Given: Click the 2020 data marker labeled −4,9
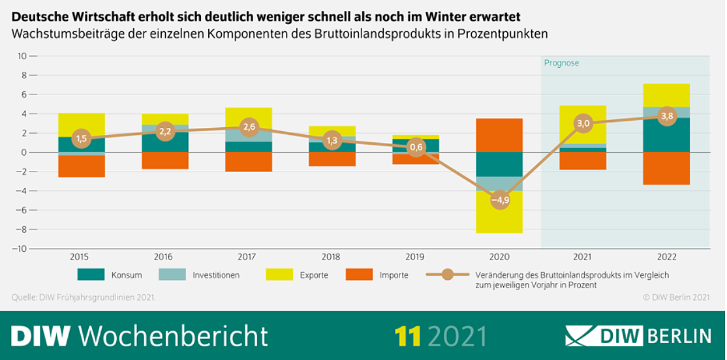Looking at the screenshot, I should click(x=499, y=200).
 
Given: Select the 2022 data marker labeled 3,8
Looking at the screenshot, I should click(x=666, y=117).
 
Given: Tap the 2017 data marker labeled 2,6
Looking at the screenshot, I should click(x=249, y=128).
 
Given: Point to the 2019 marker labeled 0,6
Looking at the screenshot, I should click(x=416, y=147).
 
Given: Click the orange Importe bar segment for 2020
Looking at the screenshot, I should click(x=499, y=135).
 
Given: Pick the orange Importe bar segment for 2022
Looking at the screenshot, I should click(x=666, y=168).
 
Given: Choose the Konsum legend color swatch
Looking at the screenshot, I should click(x=91, y=275).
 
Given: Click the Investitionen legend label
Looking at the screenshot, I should click(x=215, y=275).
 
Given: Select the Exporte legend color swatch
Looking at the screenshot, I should click(x=279, y=275).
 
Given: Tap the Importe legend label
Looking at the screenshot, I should click(x=394, y=275).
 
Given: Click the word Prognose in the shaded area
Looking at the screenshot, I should click(x=561, y=63).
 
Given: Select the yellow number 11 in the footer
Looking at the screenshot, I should click(x=407, y=336).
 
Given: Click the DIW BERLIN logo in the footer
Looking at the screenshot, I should click(x=638, y=336).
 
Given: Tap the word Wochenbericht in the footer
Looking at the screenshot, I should click(x=173, y=336).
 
